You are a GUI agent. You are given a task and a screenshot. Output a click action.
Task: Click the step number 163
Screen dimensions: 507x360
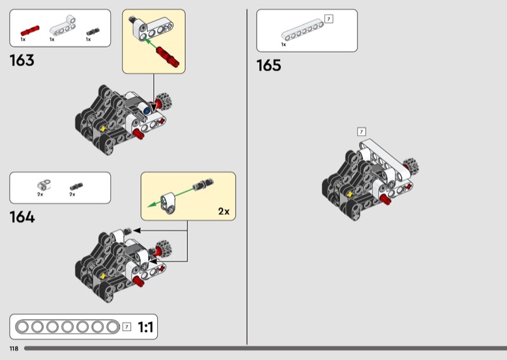[x=22, y=60]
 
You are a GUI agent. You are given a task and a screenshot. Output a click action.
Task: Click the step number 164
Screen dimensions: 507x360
[x=22, y=217]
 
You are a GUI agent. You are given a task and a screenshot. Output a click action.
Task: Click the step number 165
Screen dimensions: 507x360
[x=269, y=65]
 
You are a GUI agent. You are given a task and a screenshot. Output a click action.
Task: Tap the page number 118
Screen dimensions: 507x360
[x=14, y=349]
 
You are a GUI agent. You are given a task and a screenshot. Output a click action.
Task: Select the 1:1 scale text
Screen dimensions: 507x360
[x=146, y=327]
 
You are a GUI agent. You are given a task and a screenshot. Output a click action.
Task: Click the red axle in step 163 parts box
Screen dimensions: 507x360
[x=30, y=30]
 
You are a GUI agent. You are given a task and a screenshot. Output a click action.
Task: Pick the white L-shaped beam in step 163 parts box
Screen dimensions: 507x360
[x=63, y=25]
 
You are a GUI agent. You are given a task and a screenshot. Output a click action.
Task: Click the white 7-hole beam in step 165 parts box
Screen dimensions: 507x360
[x=302, y=30]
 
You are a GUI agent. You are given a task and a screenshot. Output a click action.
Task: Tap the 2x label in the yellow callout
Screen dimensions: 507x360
[x=224, y=211]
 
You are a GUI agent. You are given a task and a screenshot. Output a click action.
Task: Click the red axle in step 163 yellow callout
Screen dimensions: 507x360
[x=167, y=56]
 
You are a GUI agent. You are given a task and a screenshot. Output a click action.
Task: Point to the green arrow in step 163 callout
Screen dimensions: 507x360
[x=150, y=44]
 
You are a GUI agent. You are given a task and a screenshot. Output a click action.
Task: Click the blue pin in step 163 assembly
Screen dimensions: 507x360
[x=147, y=111]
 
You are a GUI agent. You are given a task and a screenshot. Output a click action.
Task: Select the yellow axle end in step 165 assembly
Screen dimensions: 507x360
[x=350, y=194]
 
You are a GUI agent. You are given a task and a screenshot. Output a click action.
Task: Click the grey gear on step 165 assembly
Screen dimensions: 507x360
[x=411, y=167]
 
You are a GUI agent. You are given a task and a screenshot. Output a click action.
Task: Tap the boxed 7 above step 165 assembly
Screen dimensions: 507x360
[x=361, y=132]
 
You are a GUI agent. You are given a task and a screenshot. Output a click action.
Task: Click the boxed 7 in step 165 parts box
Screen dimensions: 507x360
[x=328, y=19]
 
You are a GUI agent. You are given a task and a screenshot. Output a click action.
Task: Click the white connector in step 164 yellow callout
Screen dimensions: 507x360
[x=169, y=202]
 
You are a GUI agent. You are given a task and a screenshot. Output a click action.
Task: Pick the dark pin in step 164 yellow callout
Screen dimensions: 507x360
[x=203, y=184]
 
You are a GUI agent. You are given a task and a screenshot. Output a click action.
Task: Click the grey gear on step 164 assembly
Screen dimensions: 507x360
[x=164, y=248]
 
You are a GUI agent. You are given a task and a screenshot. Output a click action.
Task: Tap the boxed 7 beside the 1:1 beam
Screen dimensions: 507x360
[x=127, y=326]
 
